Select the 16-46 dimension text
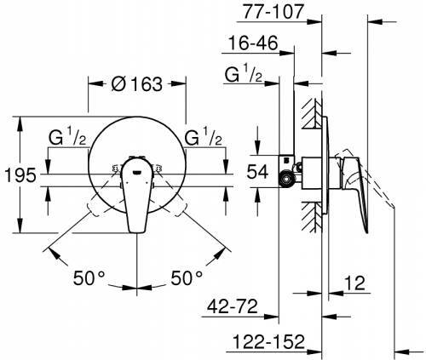pos(253,43)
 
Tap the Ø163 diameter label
pos(137,84)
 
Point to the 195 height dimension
pos(20,175)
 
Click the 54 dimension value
pos(257,172)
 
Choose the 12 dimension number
pos(354,283)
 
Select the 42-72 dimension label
pos(233,306)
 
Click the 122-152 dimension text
pos(268,341)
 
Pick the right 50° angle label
pos(187,277)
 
